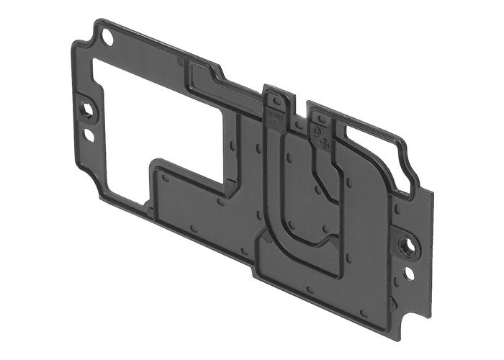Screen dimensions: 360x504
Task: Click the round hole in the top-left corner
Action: (107, 34)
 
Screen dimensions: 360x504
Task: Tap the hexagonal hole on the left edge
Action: (88, 110)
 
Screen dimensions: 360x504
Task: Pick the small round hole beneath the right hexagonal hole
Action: (409, 274)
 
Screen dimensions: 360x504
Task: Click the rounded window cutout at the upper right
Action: (374, 155)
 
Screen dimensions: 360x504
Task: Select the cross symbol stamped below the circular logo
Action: (325, 143)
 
